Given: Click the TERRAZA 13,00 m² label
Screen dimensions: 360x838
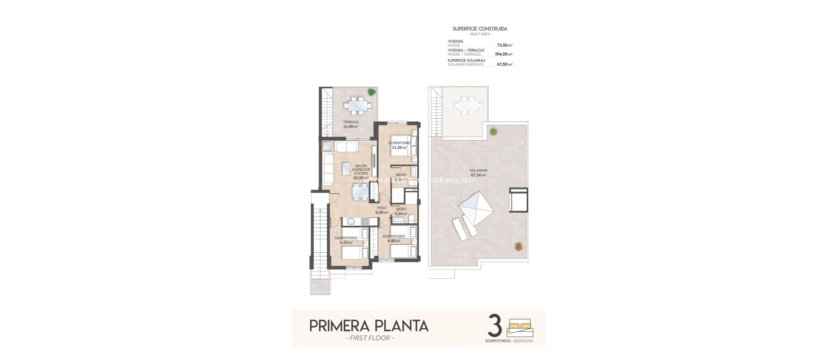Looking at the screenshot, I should tap(351, 124).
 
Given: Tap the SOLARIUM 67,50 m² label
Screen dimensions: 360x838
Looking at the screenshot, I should tap(478, 173).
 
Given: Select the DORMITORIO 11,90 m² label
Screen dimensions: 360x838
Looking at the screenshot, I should tap(399, 145).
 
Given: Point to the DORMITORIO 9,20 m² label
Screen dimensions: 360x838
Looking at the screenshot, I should tap(346, 240).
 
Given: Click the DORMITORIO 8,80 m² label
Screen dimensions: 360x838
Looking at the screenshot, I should tap(394, 239).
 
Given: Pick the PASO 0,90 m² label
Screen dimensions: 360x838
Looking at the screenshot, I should tap(381, 210).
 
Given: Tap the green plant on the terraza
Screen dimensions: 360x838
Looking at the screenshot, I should tap(371, 92).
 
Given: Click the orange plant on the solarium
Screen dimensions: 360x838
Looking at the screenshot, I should tap(518, 246).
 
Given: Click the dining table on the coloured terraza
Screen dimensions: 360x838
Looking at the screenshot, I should tap(358, 105).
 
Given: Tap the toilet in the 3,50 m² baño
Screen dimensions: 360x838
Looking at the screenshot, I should tap(411, 217).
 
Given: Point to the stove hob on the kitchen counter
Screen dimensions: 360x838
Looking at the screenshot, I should tap(78, 221).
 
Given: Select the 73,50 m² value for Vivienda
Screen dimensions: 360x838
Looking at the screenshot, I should tap(505, 45).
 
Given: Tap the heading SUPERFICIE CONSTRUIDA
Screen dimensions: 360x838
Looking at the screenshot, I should tap(480, 29).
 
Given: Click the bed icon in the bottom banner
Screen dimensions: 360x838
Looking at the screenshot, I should tap(520, 328).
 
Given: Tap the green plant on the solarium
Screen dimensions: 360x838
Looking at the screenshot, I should tap(493, 132).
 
